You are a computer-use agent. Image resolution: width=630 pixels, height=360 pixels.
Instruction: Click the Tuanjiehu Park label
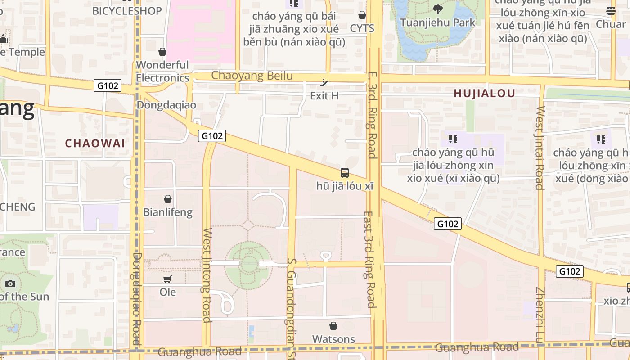point(437,22)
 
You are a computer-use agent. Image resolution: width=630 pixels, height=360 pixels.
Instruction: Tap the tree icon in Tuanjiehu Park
point(437,9)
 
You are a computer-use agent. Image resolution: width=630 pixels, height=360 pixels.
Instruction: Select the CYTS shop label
point(362,28)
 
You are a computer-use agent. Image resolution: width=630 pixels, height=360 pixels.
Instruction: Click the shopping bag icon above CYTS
point(362,15)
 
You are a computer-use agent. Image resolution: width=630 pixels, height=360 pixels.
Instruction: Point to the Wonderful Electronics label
point(162,72)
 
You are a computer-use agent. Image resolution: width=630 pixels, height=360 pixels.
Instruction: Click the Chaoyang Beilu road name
point(252,76)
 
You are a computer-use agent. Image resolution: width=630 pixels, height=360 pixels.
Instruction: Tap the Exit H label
point(324,96)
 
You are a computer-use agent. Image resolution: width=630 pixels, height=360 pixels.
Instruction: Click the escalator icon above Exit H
point(324,82)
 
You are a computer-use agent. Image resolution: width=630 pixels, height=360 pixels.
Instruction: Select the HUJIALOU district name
point(484,94)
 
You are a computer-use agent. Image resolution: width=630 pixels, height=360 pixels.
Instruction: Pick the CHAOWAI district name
point(95,144)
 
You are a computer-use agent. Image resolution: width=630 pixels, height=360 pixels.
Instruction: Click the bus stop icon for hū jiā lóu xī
point(345,172)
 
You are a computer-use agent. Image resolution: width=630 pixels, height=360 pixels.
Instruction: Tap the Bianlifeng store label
point(167,212)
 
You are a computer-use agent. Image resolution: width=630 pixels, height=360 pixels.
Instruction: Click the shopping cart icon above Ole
point(167,279)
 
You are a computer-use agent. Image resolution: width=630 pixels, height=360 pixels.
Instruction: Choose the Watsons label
point(333,339)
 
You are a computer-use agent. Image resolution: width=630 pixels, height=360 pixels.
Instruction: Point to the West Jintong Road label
point(207,275)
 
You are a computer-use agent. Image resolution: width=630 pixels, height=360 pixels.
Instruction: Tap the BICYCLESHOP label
point(127,11)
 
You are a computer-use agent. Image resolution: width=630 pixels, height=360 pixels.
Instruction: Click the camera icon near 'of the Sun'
point(10,283)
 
